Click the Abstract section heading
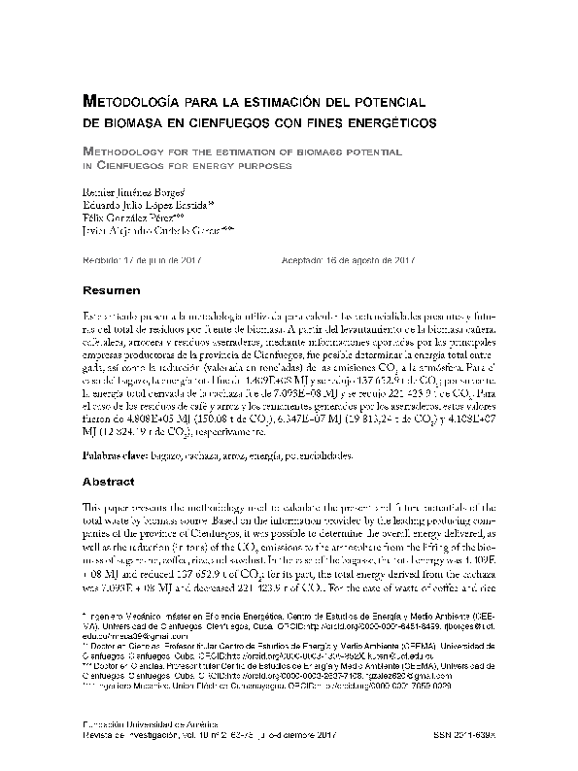click(109, 480)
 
